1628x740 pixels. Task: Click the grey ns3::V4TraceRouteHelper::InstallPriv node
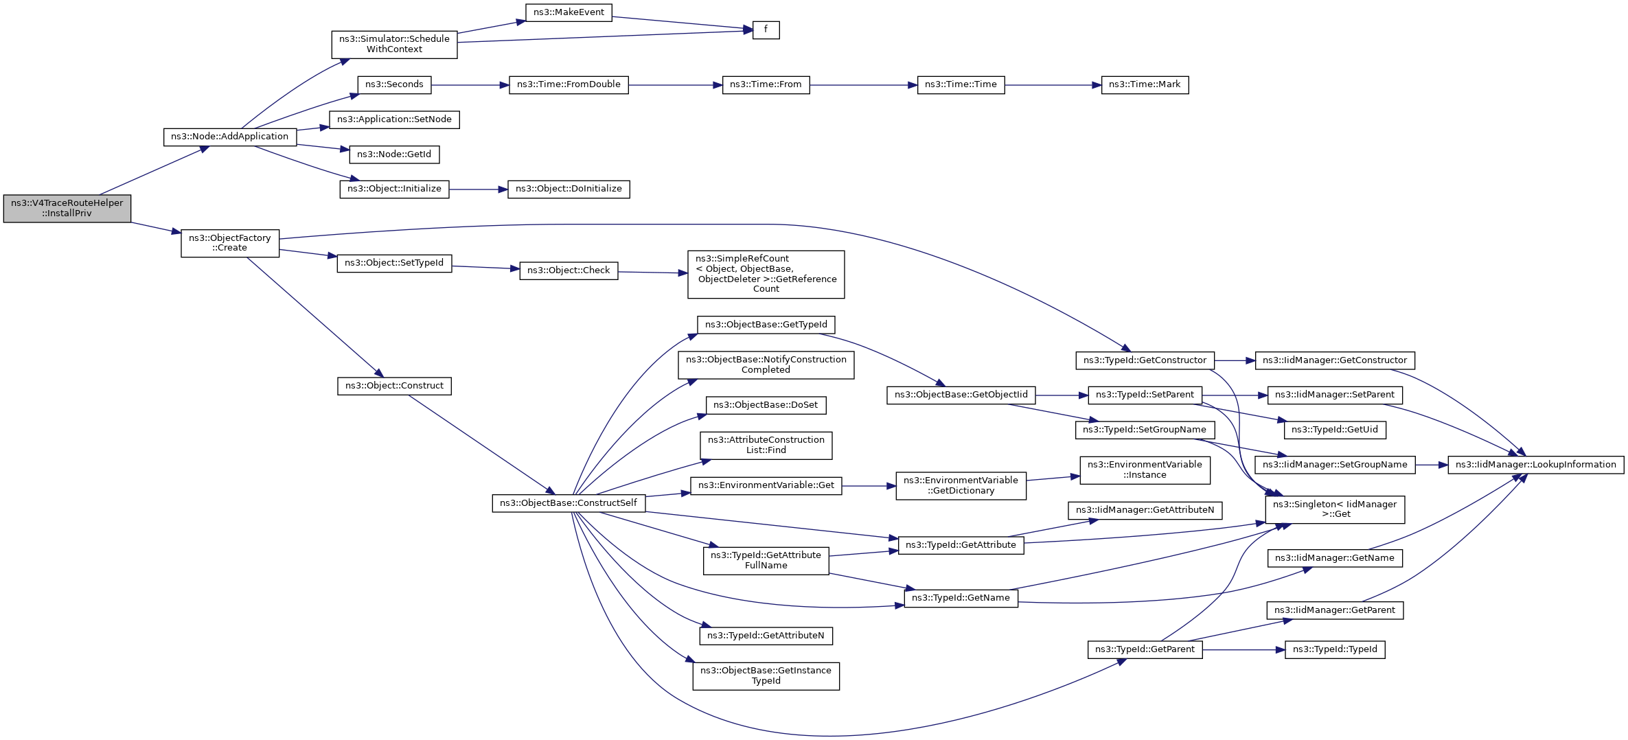[x=67, y=209]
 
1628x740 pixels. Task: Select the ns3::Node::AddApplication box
[x=230, y=137]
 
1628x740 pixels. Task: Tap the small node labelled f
[x=766, y=30]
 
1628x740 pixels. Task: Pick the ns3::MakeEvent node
[x=569, y=12]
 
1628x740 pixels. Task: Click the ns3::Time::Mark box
[x=1145, y=85]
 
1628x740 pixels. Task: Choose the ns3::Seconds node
[x=394, y=85]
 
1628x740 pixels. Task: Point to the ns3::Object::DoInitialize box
[x=569, y=189]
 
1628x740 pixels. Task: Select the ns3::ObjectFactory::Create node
[x=230, y=243]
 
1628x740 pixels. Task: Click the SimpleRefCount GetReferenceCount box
[x=766, y=274]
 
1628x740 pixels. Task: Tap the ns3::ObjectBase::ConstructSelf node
[x=569, y=503]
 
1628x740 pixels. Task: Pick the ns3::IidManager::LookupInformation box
[x=1536, y=465]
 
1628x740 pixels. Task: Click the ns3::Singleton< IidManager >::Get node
[x=1335, y=509]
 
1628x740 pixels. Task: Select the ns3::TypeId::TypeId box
[x=1335, y=649]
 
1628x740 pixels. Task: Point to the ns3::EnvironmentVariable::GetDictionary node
[x=961, y=485]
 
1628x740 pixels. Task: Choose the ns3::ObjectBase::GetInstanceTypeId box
[x=766, y=676]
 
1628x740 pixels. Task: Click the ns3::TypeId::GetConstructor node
[x=1145, y=360]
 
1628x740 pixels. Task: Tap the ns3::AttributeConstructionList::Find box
[x=766, y=446]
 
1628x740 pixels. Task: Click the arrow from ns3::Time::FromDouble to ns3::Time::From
[x=676, y=85]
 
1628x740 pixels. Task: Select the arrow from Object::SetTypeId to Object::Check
[x=486, y=268]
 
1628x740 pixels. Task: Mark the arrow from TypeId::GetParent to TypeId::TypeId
[x=1243, y=649]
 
